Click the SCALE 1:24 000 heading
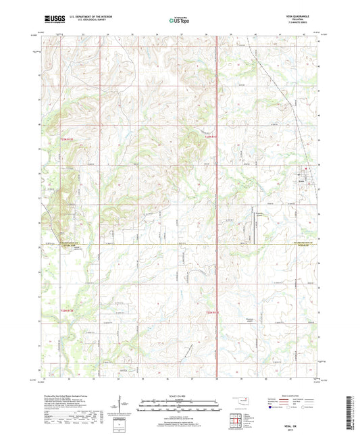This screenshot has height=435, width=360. click(180, 395)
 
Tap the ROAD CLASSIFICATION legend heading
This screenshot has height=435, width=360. click(278, 395)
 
